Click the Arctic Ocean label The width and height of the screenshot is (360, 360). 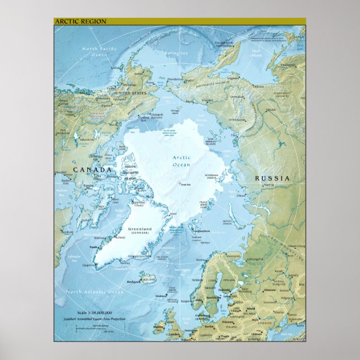(x=181, y=162)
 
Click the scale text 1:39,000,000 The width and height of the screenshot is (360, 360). (x=97, y=312)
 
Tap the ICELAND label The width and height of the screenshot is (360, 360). (x=149, y=276)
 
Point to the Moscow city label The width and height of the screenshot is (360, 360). (x=270, y=290)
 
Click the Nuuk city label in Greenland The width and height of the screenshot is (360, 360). (x=94, y=246)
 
